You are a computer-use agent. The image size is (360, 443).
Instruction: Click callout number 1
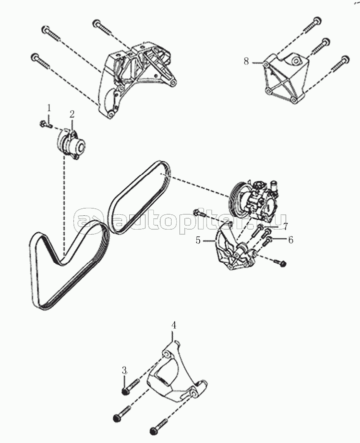(x=49, y=108)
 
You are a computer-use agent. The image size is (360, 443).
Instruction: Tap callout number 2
(x=72, y=114)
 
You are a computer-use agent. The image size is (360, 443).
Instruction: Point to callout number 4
(x=174, y=325)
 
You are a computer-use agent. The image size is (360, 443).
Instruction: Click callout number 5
(x=198, y=240)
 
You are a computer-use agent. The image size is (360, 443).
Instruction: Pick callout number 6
(x=291, y=240)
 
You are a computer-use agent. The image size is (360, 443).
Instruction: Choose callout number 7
(x=286, y=226)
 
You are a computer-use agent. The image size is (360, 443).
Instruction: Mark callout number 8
(x=246, y=61)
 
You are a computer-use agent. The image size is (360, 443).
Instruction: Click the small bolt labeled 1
(x=45, y=124)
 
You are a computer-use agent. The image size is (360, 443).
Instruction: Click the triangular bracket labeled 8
(x=285, y=78)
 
